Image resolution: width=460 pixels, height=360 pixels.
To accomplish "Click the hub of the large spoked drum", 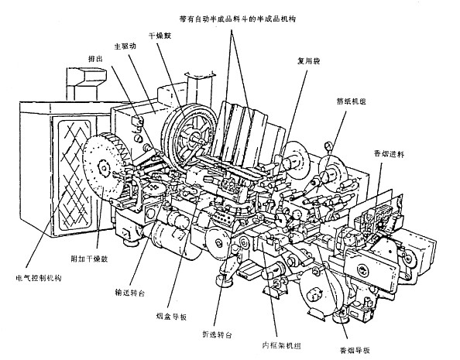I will coord(191,139).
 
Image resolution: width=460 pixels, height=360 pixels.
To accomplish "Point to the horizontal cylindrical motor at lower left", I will coord(169,232).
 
